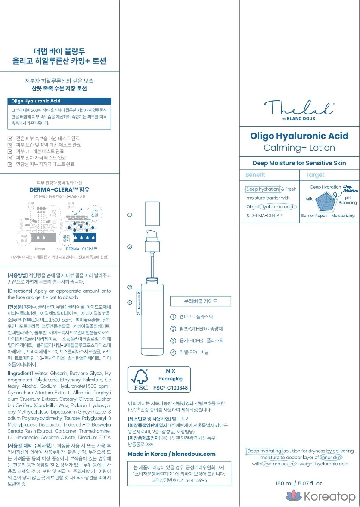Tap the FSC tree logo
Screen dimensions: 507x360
coord(141,378)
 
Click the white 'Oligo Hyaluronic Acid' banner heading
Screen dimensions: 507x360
coord(36,101)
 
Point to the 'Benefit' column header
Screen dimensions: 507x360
coord(255,175)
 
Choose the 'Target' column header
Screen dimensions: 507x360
coord(315,175)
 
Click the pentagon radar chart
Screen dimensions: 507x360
coord(327,201)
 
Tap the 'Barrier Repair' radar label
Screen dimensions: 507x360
coord(314,216)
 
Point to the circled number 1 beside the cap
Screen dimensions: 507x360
coord(130,215)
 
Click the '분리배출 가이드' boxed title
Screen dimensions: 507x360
coord(201,301)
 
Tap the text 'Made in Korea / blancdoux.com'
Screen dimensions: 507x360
coord(171,454)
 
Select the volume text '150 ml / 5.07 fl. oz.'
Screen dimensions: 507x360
coord(299,483)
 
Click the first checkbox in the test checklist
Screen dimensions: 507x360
coord(11,139)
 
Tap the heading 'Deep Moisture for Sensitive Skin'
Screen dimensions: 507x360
coord(299,163)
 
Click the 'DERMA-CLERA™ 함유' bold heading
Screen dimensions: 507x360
coord(59,189)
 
